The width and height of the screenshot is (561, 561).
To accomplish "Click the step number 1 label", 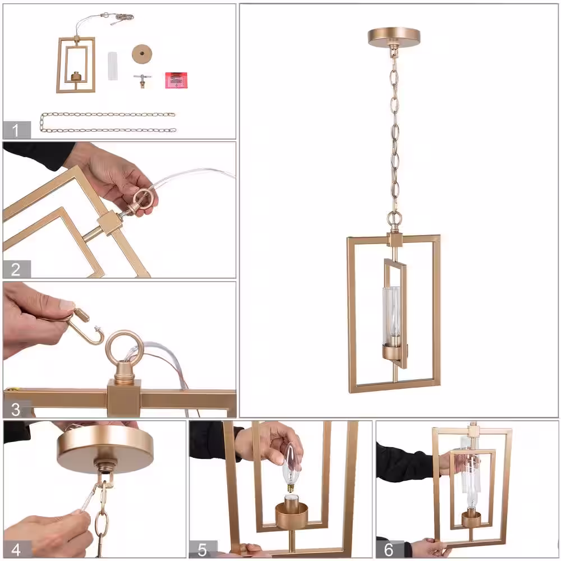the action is coord(15,130).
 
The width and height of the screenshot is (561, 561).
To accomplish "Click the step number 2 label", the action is coord(15,269).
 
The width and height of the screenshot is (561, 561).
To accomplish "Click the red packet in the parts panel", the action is coord(176,80).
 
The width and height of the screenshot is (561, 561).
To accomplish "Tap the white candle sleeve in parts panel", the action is coord(113,66).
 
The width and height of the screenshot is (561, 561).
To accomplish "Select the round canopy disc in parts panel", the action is coord(142,54).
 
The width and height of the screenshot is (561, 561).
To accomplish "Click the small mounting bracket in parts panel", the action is coord(142,81).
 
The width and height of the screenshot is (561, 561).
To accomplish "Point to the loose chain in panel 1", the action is coord(107,122).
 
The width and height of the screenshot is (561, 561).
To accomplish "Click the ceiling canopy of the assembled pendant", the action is coord(394,36).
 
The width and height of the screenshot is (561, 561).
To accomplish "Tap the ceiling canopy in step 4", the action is coord(105,444).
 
